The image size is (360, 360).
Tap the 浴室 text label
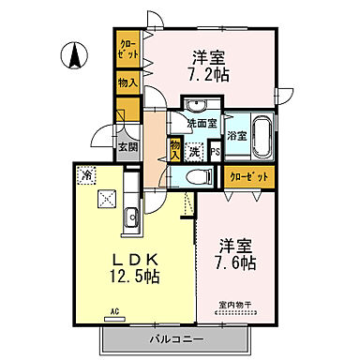(237, 135)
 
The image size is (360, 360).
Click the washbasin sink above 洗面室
(198, 104)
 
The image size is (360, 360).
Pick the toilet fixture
(198, 175)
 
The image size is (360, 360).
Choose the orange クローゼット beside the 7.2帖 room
(127, 48)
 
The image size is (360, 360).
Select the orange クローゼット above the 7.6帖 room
(248, 175)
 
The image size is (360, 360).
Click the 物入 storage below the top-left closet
(127, 82)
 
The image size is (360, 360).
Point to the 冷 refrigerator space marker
(86, 173)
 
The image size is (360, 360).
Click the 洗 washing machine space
(194, 151)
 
